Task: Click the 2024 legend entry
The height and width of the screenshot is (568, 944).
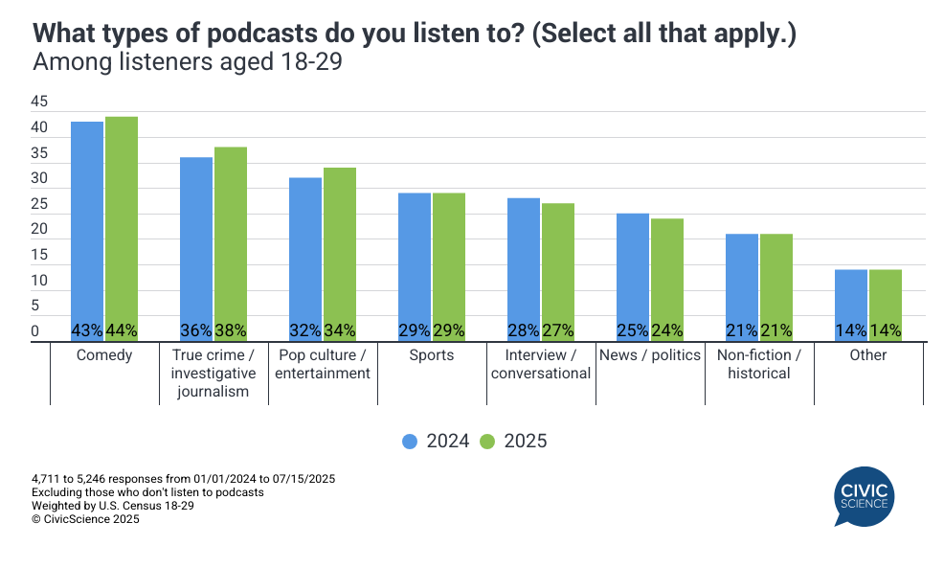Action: [436, 442]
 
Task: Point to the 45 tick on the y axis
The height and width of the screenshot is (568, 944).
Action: [39, 102]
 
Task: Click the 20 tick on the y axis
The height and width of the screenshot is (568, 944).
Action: [39, 230]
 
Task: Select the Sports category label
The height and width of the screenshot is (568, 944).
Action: [431, 355]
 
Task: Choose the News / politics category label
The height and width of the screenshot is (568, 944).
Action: [649, 355]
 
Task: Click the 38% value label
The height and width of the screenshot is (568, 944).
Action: [231, 330]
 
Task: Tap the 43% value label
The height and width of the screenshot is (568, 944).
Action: [87, 330]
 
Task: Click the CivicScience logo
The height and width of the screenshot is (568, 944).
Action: [864, 495]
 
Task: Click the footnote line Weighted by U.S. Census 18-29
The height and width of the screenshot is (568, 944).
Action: [113, 506]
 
